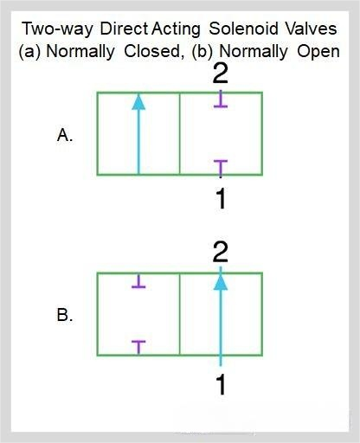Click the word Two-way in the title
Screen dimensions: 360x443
pyautogui.click(x=57, y=29)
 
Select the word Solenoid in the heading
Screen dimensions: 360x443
pyautogui.click(x=243, y=29)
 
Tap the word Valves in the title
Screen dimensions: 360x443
pyautogui.click(x=311, y=29)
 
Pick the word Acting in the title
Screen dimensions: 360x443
pyautogui.click(x=176, y=29)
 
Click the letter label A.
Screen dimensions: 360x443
pyautogui.click(x=65, y=135)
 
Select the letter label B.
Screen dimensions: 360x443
pyautogui.click(x=65, y=315)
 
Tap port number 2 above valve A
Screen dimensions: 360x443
pyautogui.click(x=221, y=74)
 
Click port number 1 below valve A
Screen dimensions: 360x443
pyautogui.click(x=221, y=198)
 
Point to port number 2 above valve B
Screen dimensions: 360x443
pyautogui.click(x=221, y=253)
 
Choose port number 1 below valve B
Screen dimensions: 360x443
pyautogui.click(x=221, y=384)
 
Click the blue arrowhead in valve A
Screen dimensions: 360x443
pyautogui.click(x=138, y=102)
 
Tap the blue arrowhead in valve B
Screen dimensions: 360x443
pyautogui.click(x=221, y=281)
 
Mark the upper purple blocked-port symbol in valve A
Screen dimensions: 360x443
pyautogui.click(x=221, y=99)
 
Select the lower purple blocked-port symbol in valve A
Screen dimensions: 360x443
pyautogui.click(x=221, y=169)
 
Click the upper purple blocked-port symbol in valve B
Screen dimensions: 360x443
pyautogui.click(x=138, y=281)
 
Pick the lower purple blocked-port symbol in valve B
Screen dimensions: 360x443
pyautogui.click(x=138, y=348)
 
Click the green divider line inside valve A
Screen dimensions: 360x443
pyautogui.click(x=179, y=133)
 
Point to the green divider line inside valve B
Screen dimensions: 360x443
pyautogui.click(x=179, y=314)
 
